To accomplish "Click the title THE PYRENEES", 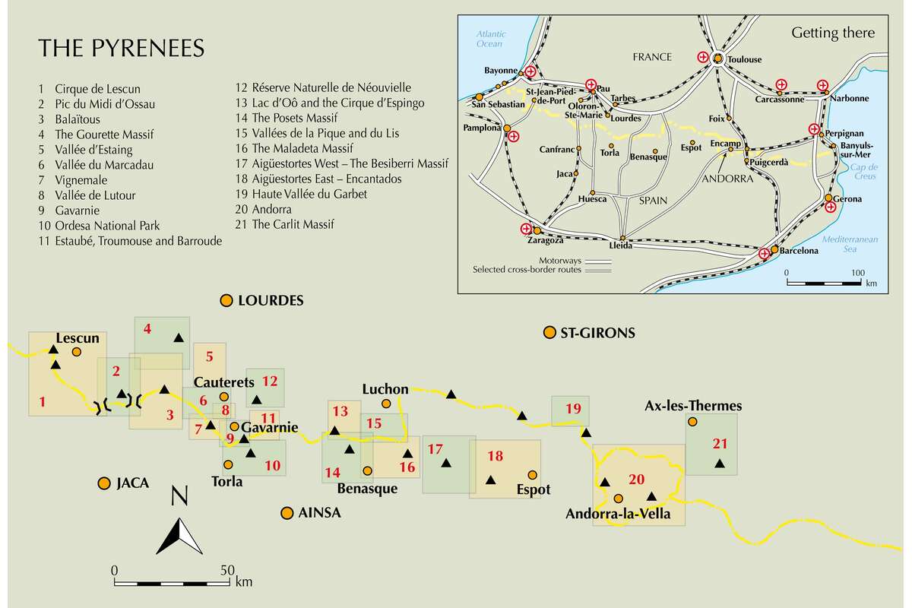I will click(x=122, y=49).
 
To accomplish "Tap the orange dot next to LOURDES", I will click(x=226, y=301).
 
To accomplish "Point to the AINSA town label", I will click(x=320, y=513).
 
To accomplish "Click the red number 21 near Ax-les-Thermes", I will click(x=720, y=443).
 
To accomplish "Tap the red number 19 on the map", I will click(x=573, y=410).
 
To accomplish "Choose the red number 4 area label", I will click(x=147, y=329).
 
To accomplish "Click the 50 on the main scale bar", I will click(x=226, y=569).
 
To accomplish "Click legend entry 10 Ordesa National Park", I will click(x=99, y=226).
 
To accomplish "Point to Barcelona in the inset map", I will click(x=796, y=250).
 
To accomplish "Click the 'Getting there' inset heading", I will click(x=833, y=33).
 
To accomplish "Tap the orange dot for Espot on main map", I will click(x=533, y=474).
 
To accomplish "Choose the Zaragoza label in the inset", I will click(x=545, y=240).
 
